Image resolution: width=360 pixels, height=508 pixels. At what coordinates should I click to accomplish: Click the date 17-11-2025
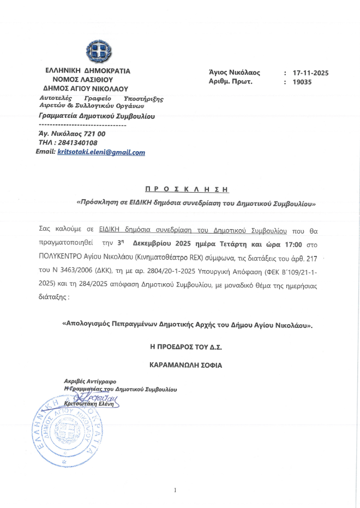pos(310,73)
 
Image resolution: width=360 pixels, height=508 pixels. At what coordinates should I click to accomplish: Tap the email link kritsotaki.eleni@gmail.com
pos(101,153)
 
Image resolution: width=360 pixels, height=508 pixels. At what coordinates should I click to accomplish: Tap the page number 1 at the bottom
pos(176,491)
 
